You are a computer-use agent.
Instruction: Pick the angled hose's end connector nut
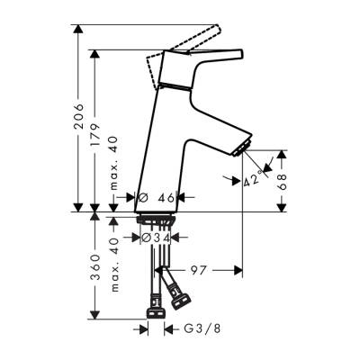tap(180, 299)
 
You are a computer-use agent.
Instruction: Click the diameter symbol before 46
tap(143, 195)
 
